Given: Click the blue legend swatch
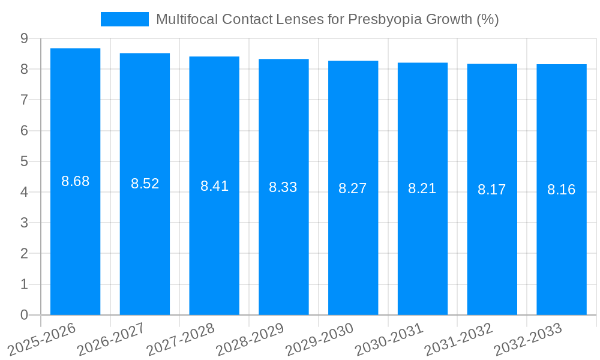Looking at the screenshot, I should click(x=125, y=19).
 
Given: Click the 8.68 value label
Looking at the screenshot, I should click(x=75, y=181).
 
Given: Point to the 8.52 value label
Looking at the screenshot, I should click(x=145, y=184).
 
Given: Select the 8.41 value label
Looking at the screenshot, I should click(x=214, y=186).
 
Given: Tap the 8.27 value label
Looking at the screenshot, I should click(x=353, y=188).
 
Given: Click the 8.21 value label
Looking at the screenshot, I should click(x=422, y=188).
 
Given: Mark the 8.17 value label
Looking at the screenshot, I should click(x=492, y=190).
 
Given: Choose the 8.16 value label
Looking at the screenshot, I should click(x=561, y=190).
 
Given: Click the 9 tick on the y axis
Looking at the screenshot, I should click(x=24, y=38).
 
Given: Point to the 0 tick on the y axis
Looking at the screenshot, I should click(x=24, y=315).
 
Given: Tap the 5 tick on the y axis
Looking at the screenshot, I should click(x=24, y=161).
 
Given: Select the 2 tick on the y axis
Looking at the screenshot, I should click(x=24, y=254).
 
